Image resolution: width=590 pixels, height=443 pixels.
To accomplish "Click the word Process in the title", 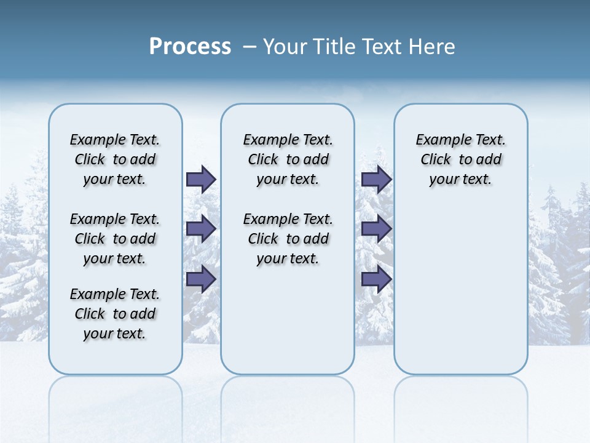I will coord(190,47).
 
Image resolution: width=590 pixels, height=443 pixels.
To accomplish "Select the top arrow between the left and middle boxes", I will coord(201,179).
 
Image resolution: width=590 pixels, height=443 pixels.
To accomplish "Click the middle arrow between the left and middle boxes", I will coord(201,229).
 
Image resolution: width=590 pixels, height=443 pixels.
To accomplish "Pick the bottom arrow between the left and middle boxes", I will coord(201,279).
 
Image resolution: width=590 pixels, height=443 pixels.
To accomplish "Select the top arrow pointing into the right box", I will coord(376,179).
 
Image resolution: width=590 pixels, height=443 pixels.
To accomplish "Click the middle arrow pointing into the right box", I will coord(376,229).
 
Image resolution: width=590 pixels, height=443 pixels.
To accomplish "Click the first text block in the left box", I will coord(115,159).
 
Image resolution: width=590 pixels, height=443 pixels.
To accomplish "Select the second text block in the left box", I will coord(115,239).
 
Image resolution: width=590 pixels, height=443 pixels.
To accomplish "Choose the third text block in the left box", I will coord(115,314).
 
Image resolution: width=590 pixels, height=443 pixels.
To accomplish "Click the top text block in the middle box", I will coord(288,159).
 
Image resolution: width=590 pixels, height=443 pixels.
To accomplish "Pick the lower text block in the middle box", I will coord(288,239).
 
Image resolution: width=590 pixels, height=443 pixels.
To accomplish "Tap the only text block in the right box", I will coord(460,159).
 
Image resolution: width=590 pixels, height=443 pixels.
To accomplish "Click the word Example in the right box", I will coord(439,140).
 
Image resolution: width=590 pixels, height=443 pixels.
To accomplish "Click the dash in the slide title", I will coord(250,47).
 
